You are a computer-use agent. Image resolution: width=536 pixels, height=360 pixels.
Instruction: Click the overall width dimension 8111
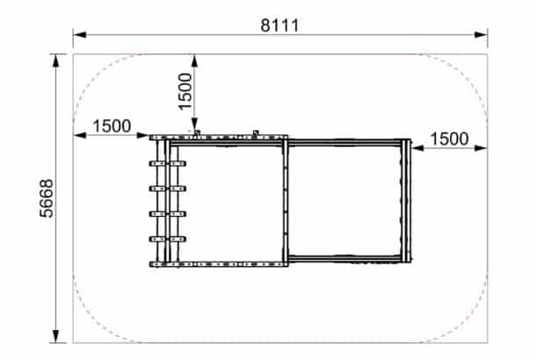pos(279,25)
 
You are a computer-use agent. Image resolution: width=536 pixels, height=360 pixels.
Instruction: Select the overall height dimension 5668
pos(47,198)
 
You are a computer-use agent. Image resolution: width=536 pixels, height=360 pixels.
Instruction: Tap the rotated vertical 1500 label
pos(185,91)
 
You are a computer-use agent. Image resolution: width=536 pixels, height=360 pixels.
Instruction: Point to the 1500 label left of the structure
pos(112,126)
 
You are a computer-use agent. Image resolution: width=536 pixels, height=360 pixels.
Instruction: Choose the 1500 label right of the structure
pos(449,139)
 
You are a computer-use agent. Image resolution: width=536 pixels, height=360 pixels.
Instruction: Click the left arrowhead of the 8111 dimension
pos(79,34)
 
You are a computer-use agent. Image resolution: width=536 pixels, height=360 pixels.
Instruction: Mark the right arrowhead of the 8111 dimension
pos(481,34)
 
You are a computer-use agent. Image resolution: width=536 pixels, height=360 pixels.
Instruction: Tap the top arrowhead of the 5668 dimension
pos(56,61)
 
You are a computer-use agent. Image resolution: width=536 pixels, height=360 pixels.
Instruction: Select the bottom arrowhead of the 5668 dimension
pos(56,336)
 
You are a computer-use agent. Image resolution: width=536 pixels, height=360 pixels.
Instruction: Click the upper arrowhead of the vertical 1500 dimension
pos(194,61)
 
